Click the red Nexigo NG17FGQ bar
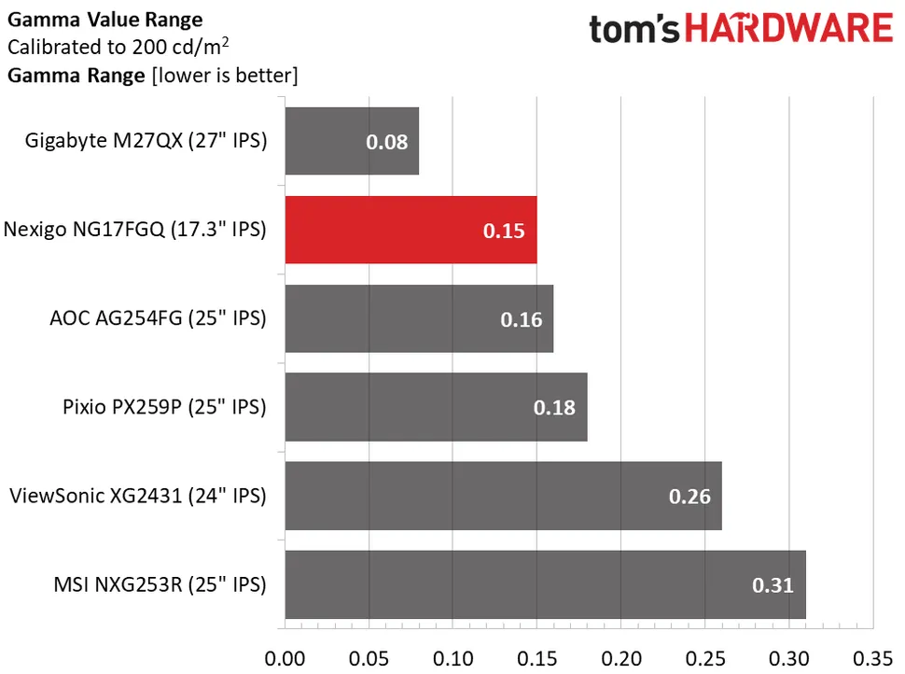pos(411,230)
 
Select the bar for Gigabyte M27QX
pos(352,141)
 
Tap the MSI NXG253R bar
pos(545,584)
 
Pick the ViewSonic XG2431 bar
pos(503,496)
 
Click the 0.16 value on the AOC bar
pos(522,319)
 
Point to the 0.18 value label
pos(555,408)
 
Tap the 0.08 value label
pos(386,142)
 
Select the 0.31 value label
pos(773,585)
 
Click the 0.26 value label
pos(689,497)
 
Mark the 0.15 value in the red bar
pos(504,231)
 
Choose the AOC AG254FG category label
pos(158,318)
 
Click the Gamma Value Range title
pos(104,19)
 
